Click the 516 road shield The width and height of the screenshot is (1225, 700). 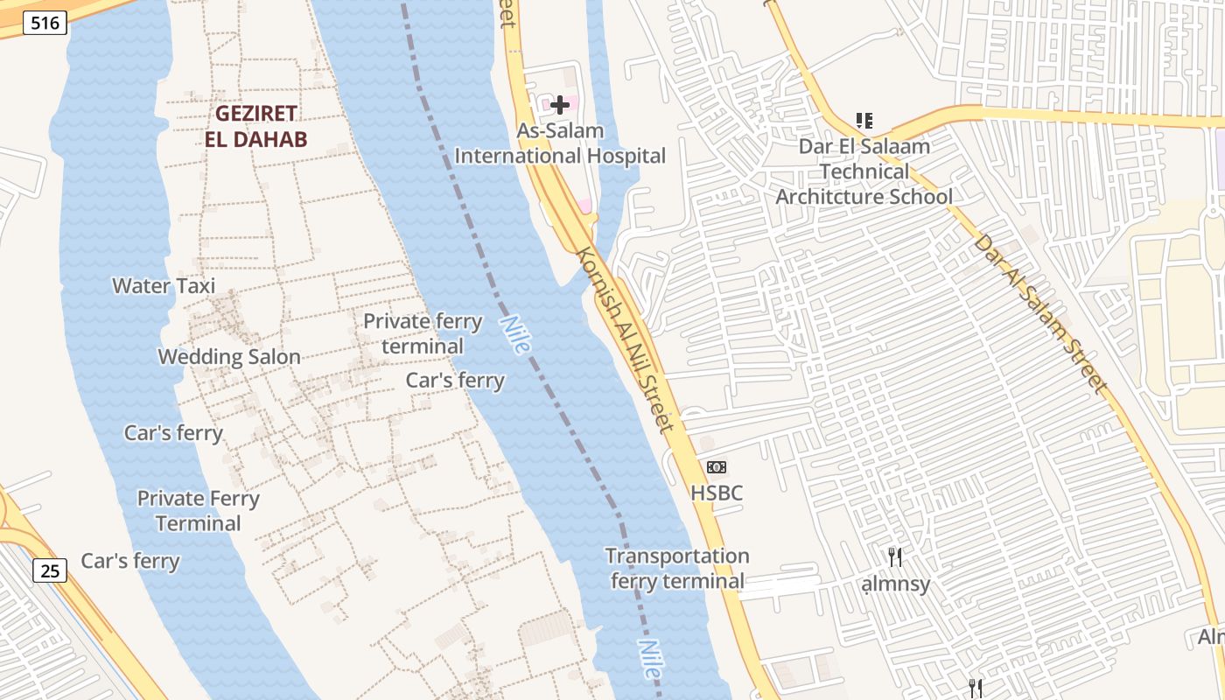point(45,23)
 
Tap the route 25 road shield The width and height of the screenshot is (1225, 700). point(50,570)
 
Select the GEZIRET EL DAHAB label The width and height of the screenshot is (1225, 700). point(256,126)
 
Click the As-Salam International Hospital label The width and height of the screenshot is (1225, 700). point(560,143)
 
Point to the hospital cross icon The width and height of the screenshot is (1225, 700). point(560,105)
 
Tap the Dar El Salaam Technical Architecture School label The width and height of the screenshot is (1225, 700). point(864,171)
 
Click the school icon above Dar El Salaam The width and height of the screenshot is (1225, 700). point(864,121)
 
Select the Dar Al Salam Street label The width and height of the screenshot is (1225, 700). point(1039,311)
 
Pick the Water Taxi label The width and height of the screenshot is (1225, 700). point(164,285)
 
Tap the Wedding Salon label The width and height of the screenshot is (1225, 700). point(229,356)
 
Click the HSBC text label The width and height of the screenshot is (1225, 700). point(717,493)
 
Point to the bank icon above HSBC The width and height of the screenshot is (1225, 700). point(717,467)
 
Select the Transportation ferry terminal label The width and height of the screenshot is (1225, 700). point(677,568)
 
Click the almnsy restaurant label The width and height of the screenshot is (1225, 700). point(895,584)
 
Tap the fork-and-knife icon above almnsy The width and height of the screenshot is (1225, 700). point(895,557)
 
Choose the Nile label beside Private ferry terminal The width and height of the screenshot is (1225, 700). point(515,334)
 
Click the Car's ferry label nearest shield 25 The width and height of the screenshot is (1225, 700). point(130,561)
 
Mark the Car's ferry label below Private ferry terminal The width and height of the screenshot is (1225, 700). point(455,380)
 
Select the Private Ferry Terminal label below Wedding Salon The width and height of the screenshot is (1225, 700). point(199,511)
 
